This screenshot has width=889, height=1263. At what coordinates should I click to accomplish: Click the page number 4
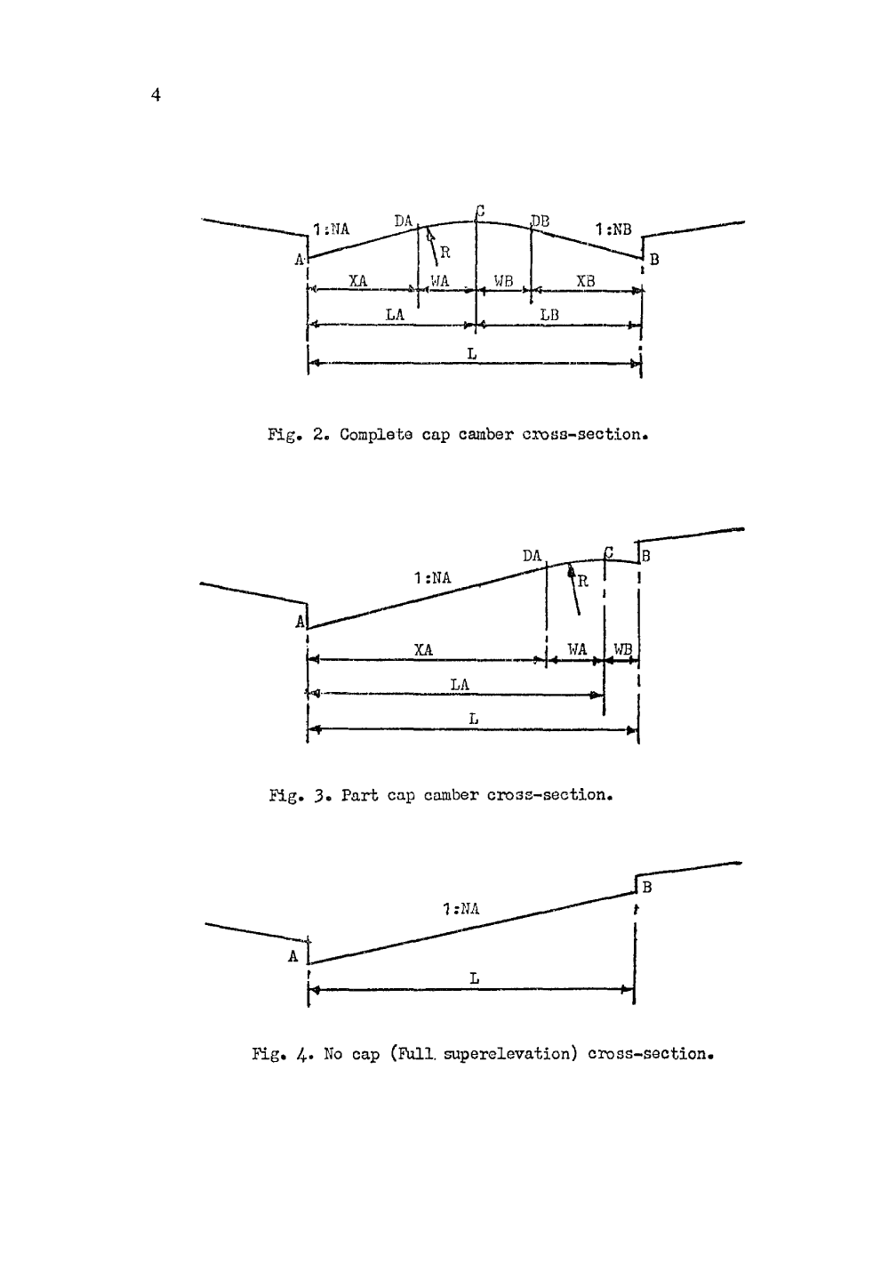(156, 95)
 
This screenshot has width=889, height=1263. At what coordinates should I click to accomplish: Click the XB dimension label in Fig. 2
(586, 281)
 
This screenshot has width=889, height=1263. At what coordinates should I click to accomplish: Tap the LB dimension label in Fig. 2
(549, 315)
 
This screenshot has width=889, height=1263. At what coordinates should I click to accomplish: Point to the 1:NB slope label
(613, 229)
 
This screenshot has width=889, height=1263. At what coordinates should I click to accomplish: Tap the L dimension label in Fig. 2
(472, 353)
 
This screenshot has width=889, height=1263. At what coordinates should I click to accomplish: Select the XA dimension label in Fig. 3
(423, 649)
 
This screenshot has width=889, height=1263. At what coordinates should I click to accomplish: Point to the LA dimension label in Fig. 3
(460, 683)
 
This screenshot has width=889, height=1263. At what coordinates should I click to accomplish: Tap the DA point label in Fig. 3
(532, 555)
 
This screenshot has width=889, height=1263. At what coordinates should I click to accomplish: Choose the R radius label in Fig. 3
(582, 582)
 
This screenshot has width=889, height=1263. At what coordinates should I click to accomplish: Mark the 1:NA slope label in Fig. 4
(461, 908)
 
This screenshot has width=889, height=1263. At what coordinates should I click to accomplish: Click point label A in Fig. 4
(292, 957)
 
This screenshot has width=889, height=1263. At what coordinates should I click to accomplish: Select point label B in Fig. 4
(646, 887)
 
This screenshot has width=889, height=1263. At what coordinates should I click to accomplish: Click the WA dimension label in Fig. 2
(440, 281)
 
